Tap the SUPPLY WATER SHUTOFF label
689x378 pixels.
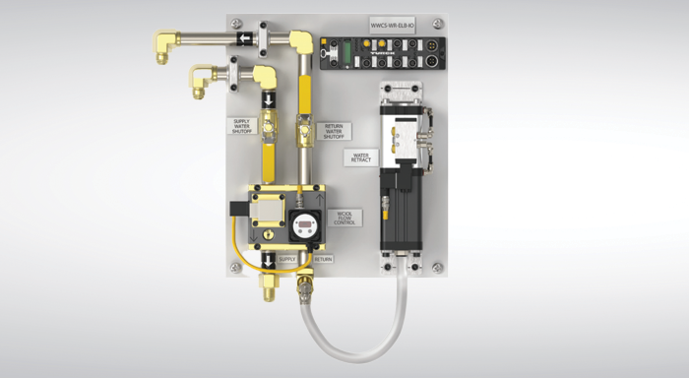click(243, 127)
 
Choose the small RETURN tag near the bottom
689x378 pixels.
click(324, 259)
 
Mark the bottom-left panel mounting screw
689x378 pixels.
click(234, 267)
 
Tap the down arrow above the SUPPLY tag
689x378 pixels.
click(268, 259)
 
